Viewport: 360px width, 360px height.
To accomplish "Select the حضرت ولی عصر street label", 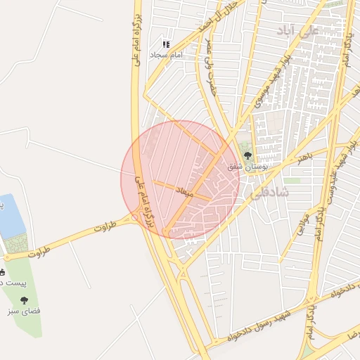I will coord(210,67).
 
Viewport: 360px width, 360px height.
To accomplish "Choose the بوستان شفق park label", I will coord(245,166).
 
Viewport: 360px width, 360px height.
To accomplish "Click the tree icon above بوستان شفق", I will coord(246,153).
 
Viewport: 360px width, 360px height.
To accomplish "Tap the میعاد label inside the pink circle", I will coord(185,191).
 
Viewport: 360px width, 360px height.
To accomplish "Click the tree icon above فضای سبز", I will coord(25,300).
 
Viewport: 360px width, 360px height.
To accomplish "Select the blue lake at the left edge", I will coord(11,217).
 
